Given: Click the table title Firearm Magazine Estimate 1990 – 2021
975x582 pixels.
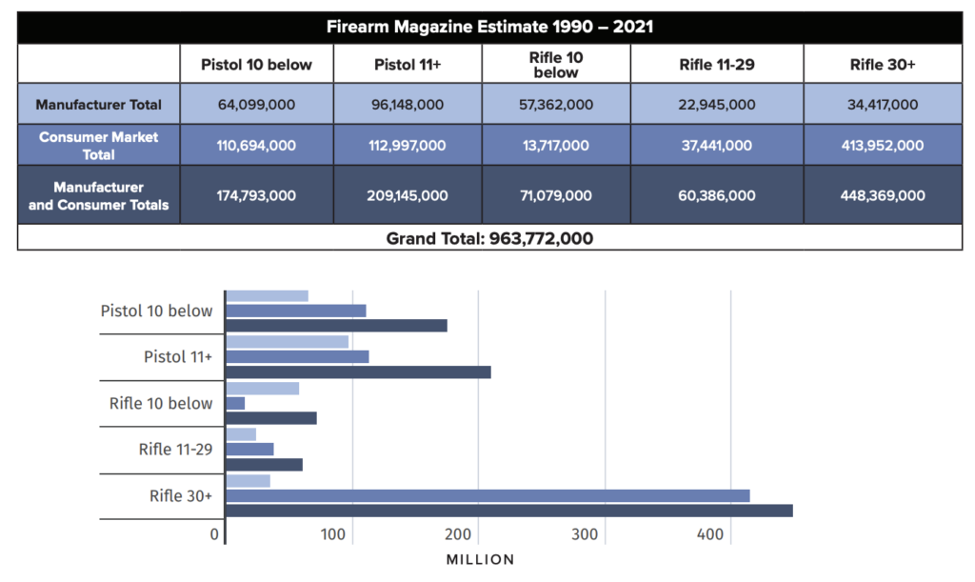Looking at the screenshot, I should [489, 26].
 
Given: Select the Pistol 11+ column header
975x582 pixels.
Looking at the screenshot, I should [407, 65].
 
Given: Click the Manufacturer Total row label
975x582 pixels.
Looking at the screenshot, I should [98, 105].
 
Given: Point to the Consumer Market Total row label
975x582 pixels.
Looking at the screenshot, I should [98, 145].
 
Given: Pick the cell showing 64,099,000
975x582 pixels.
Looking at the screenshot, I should [256, 105].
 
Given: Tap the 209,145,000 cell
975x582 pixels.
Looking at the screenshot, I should [407, 195].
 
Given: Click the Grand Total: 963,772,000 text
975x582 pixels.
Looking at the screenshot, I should [489, 238].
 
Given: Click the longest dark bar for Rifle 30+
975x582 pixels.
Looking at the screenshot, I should [509, 511].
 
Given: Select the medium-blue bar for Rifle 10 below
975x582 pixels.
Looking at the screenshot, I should [235, 403].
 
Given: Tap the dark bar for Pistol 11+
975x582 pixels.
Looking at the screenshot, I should [358, 371].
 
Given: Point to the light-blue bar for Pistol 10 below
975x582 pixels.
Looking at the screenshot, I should [267, 295].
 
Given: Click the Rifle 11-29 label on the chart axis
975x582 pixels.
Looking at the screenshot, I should [175, 449].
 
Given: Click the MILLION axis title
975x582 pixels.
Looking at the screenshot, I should [480, 560].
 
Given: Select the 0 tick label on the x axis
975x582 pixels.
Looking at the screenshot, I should [215, 534].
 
